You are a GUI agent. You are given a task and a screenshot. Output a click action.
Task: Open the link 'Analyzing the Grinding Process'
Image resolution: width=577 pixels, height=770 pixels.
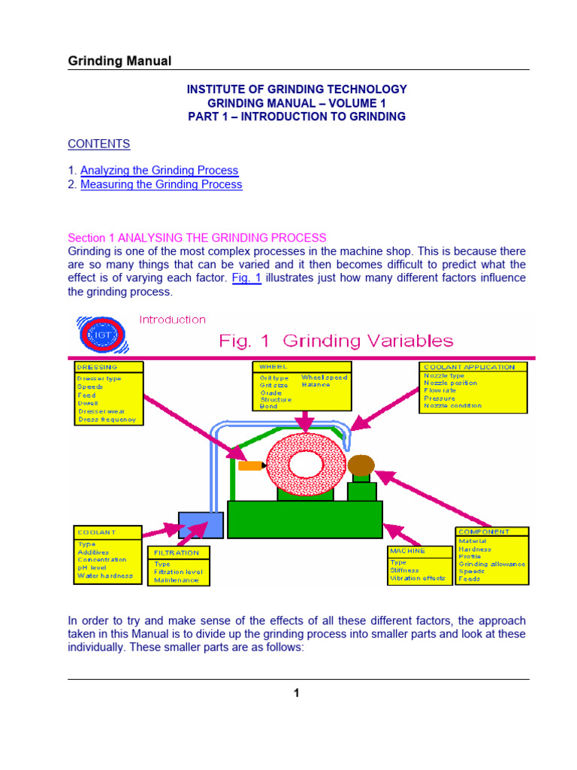[159, 171]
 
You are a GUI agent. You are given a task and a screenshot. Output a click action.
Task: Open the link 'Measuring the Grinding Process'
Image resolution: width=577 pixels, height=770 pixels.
[162, 184]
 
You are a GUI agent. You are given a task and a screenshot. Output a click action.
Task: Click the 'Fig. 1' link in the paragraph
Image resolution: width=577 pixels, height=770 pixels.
[246, 278]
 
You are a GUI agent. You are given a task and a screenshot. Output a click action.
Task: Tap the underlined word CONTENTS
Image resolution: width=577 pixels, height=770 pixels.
[99, 144]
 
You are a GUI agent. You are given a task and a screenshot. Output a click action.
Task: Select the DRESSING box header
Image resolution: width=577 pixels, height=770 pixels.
[98, 368]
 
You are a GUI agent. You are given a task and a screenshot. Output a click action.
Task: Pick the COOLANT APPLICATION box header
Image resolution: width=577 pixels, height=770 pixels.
[470, 367]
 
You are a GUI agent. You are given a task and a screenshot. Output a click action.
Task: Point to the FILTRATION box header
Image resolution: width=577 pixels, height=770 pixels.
[177, 552]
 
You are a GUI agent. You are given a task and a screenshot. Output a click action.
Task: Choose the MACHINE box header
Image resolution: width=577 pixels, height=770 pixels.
[407, 550]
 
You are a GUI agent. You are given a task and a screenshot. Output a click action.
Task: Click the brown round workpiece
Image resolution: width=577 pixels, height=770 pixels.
[361, 465]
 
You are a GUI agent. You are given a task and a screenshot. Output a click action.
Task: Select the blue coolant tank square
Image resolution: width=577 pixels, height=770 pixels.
[201, 523]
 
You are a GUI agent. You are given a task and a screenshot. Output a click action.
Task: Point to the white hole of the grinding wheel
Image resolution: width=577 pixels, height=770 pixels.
[306, 464]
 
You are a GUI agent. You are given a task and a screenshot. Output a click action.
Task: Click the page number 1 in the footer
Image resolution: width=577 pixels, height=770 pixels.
[297, 693]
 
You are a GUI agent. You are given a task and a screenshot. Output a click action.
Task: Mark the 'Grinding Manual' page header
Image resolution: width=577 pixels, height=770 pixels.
[120, 61]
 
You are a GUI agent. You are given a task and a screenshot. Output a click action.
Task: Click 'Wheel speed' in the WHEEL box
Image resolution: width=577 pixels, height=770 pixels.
[324, 377]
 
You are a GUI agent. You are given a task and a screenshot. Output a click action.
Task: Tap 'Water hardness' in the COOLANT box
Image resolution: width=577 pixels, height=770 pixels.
[106, 576]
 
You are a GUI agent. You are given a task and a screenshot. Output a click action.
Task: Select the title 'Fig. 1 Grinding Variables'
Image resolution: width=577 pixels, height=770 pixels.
[336, 341]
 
